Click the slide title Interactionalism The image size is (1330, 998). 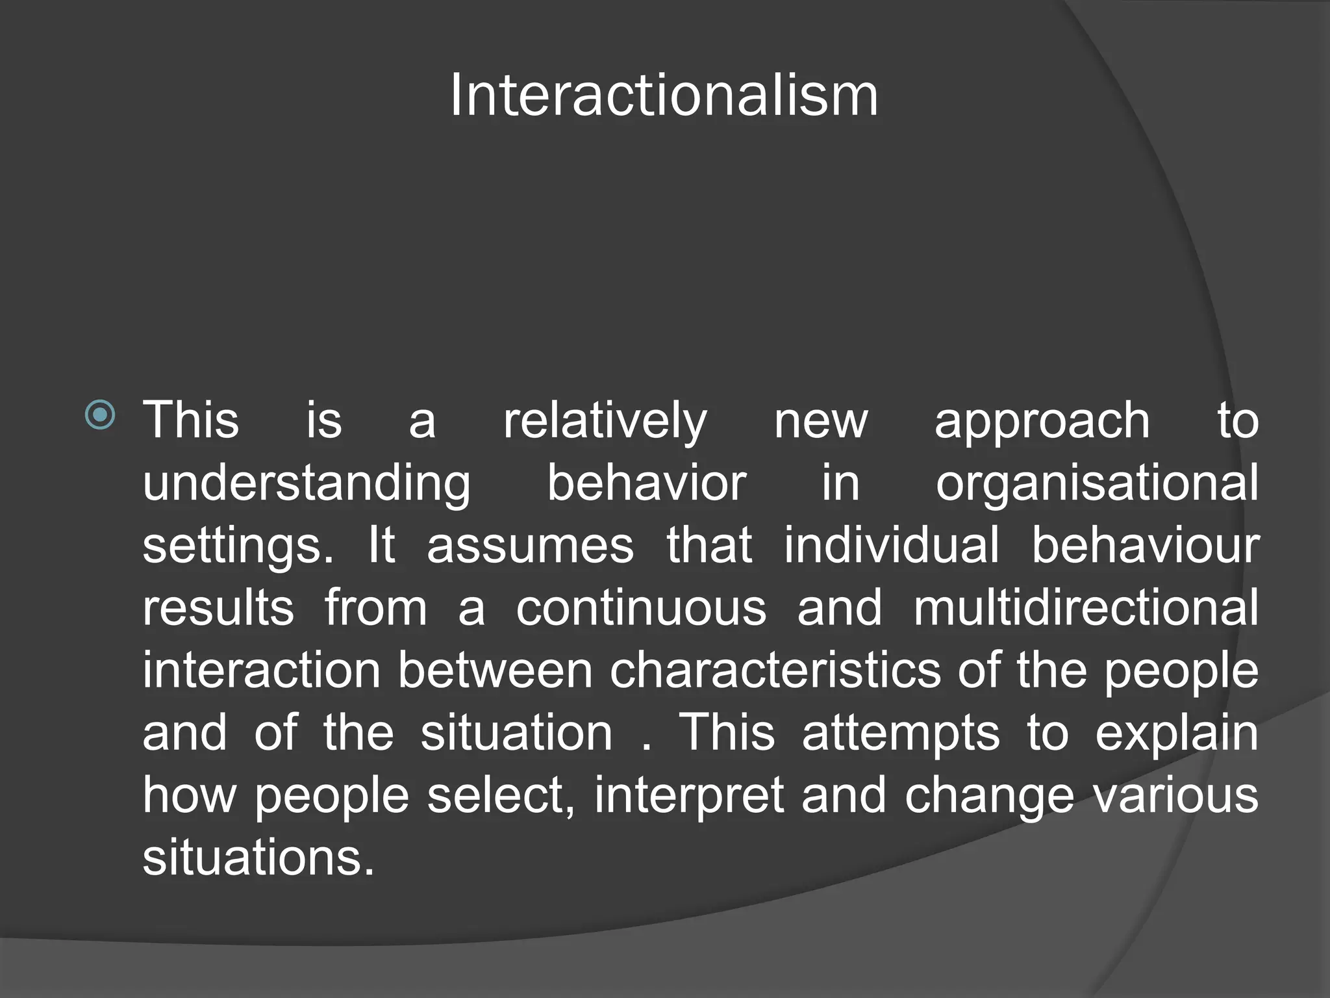[664, 96]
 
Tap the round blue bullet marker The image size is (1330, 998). [100, 415]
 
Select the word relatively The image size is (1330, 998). [605, 422]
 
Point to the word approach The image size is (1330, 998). [1042, 422]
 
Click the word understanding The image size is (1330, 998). [307, 484]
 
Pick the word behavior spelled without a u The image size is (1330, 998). [647, 483]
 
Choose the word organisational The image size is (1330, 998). [1097, 484]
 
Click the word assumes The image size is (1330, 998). [530, 545]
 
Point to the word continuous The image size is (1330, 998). [641, 608]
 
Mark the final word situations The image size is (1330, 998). [258, 857]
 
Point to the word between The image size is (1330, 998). [495, 670]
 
